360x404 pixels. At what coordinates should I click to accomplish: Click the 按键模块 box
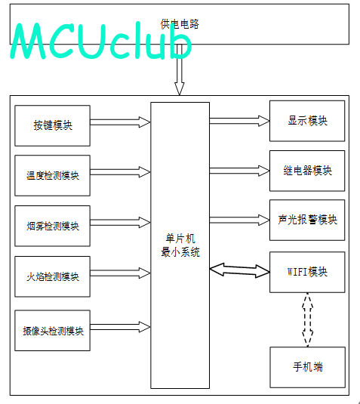click(x=53, y=125)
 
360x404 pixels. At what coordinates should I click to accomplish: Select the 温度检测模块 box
click(x=53, y=175)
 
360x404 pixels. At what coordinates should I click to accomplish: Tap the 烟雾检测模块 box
click(x=53, y=226)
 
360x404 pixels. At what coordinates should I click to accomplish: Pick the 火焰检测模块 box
click(x=53, y=276)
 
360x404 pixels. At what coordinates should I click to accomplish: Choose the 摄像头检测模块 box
click(x=53, y=331)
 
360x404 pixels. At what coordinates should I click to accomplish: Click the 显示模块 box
click(x=307, y=121)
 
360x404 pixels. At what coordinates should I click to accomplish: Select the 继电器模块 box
click(x=307, y=171)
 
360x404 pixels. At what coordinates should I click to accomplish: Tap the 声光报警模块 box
click(x=307, y=220)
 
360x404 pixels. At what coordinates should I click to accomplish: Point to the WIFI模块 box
click(x=307, y=272)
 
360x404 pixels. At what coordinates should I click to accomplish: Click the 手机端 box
click(x=307, y=367)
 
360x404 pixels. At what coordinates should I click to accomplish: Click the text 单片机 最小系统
click(x=180, y=245)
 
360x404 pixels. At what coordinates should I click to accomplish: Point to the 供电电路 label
click(x=180, y=24)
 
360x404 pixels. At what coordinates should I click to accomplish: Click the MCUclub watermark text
click(x=101, y=41)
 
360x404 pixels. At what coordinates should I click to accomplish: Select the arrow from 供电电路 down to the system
click(x=180, y=69)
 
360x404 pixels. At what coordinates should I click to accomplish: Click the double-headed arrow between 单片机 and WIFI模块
click(x=240, y=270)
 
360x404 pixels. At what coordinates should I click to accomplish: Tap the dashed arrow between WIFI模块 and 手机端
click(x=307, y=319)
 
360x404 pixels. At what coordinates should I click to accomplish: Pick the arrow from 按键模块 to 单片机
click(x=120, y=122)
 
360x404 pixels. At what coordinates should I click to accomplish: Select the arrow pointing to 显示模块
click(x=239, y=121)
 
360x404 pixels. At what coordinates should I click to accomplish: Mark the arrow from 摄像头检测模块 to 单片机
click(x=120, y=327)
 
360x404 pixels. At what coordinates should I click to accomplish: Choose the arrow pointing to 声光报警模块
click(x=239, y=220)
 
